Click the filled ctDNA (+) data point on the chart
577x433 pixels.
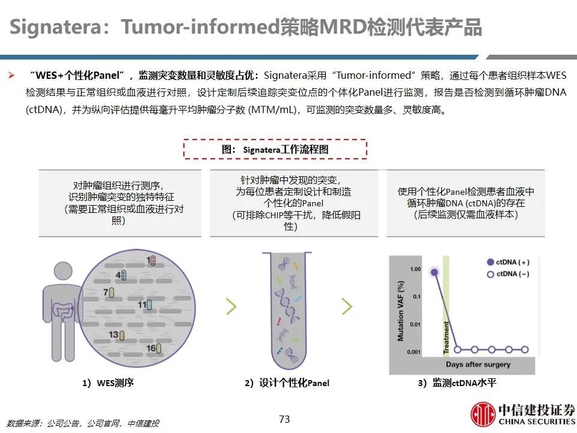pyautogui.click(x=435, y=272)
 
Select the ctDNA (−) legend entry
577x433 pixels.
pyautogui.click(x=508, y=274)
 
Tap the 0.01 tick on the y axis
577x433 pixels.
pyautogui.click(x=415, y=324)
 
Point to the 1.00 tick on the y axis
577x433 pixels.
pyautogui.click(x=415, y=269)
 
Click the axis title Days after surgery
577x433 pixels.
pyautogui.click(x=478, y=364)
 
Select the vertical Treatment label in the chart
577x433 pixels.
pyautogui.click(x=446, y=337)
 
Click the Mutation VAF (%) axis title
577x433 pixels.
pyautogui.click(x=400, y=311)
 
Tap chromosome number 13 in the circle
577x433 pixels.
pyautogui.click(x=117, y=335)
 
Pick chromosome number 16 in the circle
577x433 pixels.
pyautogui.click(x=154, y=348)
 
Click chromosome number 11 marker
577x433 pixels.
pyautogui.click(x=145, y=305)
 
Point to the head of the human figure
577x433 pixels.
pyautogui.click(x=63, y=271)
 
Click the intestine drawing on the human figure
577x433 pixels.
pyautogui.click(x=63, y=312)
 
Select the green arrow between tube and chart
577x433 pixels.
pyautogui.click(x=347, y=306)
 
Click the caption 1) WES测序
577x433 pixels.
pyautogui.click(x=108, y=383)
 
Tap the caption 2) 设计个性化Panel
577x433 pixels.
pyautogui.click(x=287, y=383)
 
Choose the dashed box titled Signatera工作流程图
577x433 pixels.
pyautogui.click(x=275, y=149)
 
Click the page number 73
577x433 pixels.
pyautogui.click(x=284, y=419)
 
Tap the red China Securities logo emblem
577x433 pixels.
pyautogui.click(x=483, y=414)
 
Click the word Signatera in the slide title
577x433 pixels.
pyautogui.click(x=55, y=27)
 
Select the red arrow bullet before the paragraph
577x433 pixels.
pyautogui.click(x=12, y=76)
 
